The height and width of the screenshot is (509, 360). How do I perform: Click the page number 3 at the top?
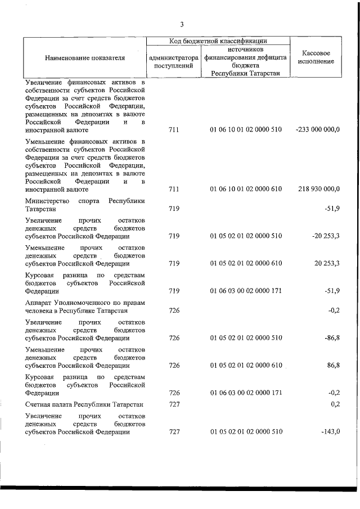181,24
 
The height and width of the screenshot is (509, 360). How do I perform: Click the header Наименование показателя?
84,57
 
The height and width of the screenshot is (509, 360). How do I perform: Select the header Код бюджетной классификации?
218,40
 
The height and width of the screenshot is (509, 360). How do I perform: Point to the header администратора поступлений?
173,61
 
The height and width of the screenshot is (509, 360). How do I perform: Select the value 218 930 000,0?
318,190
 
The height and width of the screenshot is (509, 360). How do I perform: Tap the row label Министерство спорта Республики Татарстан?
85,205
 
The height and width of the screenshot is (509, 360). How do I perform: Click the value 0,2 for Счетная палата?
335,404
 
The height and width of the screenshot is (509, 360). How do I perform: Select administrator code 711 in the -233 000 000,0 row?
173,130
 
